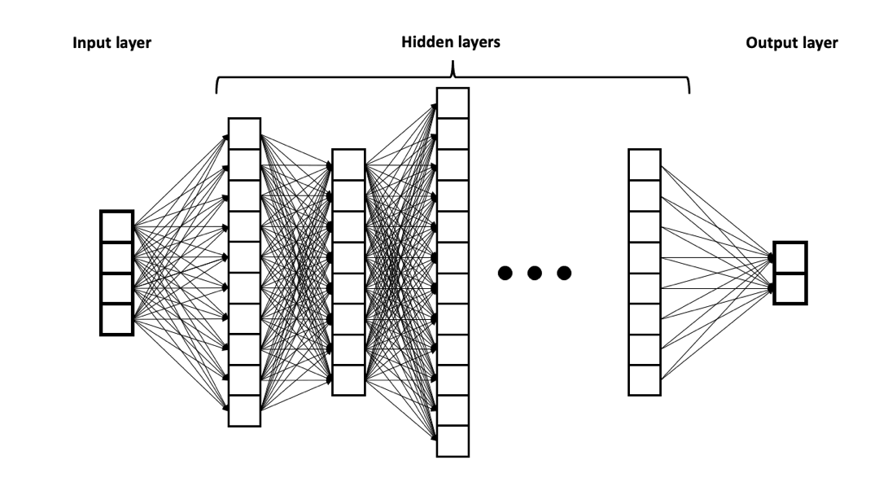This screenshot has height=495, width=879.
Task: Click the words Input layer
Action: pyautogui.click(x=112, y=42)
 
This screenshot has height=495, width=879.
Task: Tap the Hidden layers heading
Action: pyautogui.click(x=451, y=42)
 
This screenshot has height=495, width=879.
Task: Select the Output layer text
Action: pyautogui.click(x=791, y=42)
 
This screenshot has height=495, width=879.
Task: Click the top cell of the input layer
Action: pyautogui.click(x=116, y=226)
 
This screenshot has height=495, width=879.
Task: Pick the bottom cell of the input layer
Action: pyautogui.click(x=116, y=319)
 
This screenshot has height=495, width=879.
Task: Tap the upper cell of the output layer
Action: pyautogui.click(x=789, y=258)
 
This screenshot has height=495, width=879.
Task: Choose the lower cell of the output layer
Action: pyautogui.click(x=789, y=289)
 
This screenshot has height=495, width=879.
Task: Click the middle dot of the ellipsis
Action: pyautogui.click(x=534, y=273)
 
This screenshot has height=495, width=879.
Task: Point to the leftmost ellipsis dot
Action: pyautogui.click(x=505, y=273)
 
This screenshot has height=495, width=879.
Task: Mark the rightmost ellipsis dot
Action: pyautogui.click(x=563, y=273)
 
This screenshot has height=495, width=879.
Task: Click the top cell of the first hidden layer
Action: pyautogui.click(x=244, y=134)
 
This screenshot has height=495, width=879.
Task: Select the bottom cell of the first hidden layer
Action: pyautogui.click(x=244, y=411)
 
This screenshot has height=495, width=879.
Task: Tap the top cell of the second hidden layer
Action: pyautogui.click(x=349, y=164)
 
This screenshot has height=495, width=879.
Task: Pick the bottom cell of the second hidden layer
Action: pyautogui.click(x=349, y=380)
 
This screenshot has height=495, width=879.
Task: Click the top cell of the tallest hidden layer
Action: pyautogui.click(x=453, y=103)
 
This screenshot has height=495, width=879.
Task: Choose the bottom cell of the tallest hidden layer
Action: pyautogui.click(x=453, y=442)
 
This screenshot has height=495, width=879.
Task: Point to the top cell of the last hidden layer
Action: pyautogui.click(x=645, y=164)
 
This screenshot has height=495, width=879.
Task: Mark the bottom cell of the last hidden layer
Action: pyautogui.click(x=645, y=380)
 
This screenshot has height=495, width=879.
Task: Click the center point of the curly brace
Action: pyautogui.click(x=453, y=75)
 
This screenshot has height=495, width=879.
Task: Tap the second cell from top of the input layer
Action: pyautogui.click(x=116, y=257)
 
